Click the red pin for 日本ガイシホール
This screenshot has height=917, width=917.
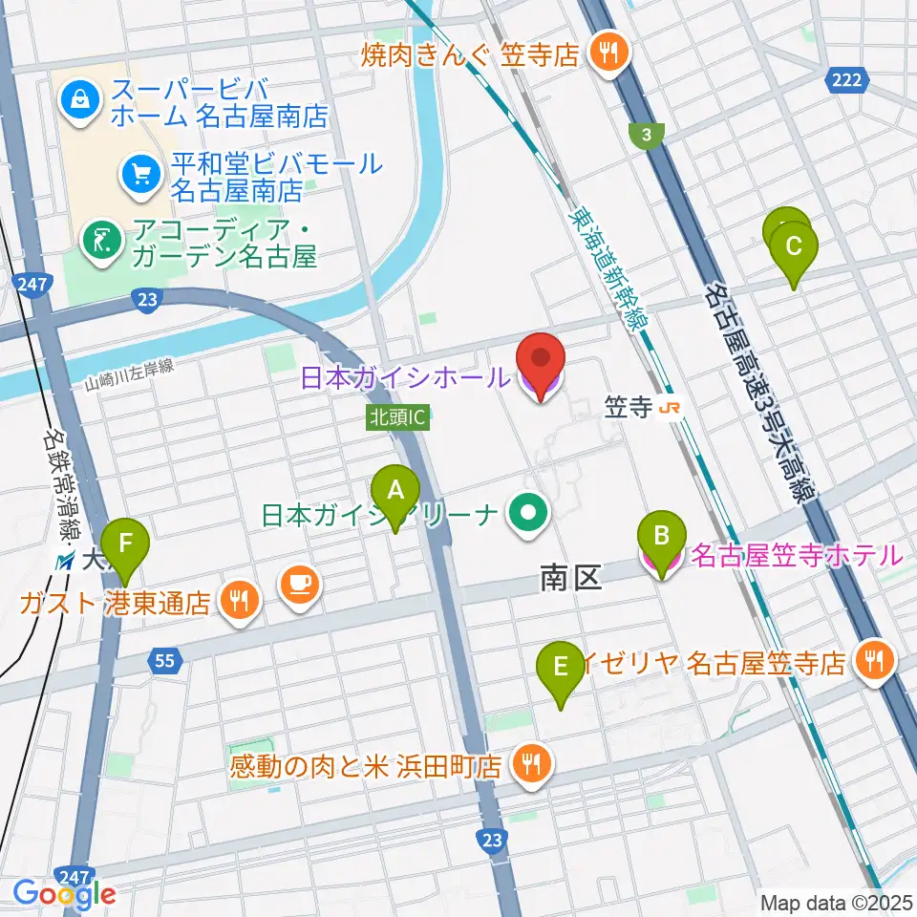tap(541, 365)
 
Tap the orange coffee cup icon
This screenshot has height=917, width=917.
tap(297, 585)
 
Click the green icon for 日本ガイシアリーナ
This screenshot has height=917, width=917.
tap(525, 516)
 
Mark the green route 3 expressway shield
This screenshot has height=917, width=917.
tap(647, 136)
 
